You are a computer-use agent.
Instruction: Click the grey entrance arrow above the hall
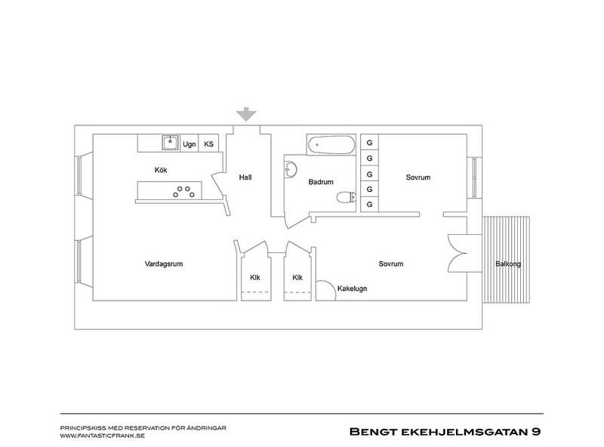246,115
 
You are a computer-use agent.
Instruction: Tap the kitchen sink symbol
171,143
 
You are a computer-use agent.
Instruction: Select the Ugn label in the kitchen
190,144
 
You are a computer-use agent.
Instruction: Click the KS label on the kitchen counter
209,144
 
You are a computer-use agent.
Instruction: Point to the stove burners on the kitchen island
183,192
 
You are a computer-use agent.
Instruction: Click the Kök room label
161,170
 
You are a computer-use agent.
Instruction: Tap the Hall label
245,177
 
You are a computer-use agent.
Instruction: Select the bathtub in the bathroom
331,145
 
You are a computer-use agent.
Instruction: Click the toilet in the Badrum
347,197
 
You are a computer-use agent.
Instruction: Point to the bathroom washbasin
290,170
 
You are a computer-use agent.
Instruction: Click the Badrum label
321,182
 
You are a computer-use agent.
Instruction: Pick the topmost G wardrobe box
369,143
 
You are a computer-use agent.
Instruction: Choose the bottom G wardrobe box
369,204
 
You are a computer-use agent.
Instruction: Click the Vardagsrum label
164,264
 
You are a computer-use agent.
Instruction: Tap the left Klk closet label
255,277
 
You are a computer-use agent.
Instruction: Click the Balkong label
508,264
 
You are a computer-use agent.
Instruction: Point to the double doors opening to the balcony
458,253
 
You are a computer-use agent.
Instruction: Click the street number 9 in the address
536,432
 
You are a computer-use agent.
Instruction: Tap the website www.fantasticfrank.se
103,436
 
